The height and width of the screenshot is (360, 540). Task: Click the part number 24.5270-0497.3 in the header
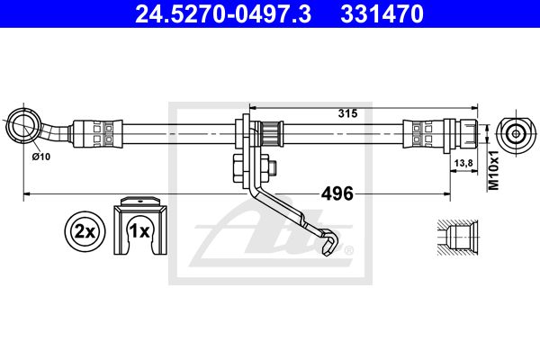(223, 14)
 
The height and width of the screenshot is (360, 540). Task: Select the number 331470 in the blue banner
(382, 14)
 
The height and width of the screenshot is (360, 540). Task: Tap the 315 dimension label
(347, 113)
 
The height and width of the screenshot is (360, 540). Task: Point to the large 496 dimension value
(337, 193)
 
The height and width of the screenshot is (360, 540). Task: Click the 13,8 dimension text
(463, 163)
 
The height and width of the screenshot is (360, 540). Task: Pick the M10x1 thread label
(494, 170)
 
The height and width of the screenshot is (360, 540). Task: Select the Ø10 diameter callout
(41, 157)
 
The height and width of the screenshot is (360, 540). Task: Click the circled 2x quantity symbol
(85, 231)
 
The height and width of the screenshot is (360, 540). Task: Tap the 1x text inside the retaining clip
(139, 231)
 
